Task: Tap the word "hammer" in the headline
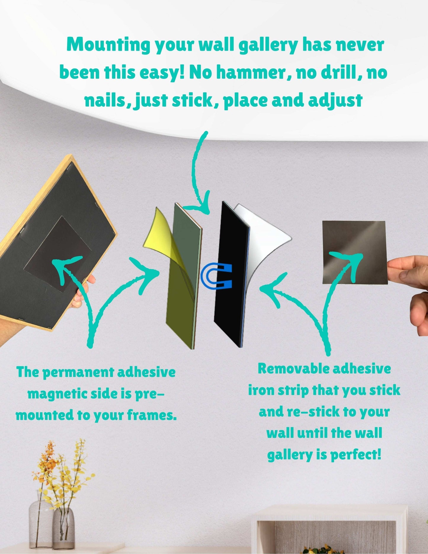coord(251,73)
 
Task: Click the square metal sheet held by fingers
coord(355,252)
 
